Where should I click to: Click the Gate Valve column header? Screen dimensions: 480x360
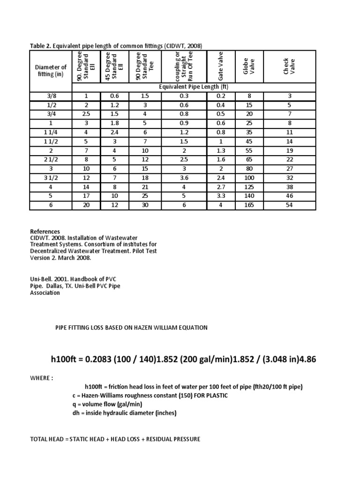click(221, 67)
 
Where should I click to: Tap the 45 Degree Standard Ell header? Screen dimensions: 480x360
click(114, 67)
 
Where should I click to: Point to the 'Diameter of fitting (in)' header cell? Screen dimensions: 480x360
click(51, 70)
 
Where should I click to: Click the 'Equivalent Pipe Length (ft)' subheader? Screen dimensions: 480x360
click(194, 87)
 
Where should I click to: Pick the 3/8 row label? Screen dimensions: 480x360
click(51, 96)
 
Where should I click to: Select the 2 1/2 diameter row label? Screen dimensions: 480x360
click(51, 160)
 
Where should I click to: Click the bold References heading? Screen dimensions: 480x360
click(45, 232)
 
